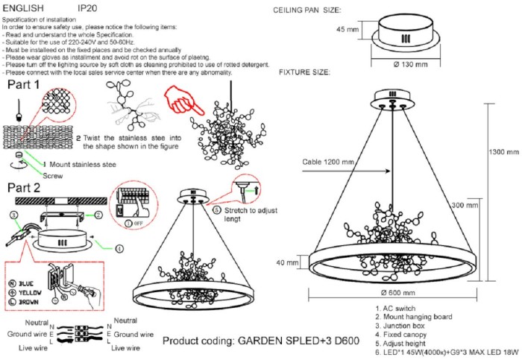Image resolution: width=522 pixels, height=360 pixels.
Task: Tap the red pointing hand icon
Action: pyautogui.click(x=177, y=105)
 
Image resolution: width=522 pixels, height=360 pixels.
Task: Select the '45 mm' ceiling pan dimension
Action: pyautogui.click(x=348, y=30)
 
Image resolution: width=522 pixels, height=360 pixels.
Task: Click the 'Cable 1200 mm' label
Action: pyautogui.click(x=328, y=162)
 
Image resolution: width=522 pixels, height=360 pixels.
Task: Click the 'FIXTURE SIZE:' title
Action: pyautogui.click(x=304, y=72)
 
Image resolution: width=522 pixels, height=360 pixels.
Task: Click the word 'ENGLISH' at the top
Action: pyautogui.click(x=23, y=6)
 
